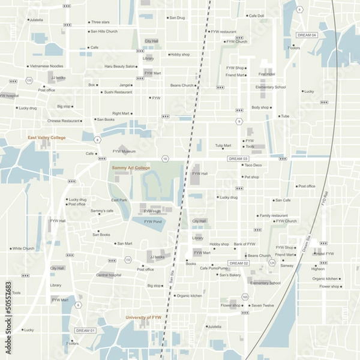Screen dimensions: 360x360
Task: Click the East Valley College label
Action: (46, 137)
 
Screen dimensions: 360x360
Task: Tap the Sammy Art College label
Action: (131, 168)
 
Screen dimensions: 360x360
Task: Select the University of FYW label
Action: (143, 317)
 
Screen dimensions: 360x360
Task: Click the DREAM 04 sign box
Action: (307, 35)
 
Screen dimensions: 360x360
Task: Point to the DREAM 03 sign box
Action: (238, 158)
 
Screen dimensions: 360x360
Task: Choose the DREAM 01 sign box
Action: (85, 331)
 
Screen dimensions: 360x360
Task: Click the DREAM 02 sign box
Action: (238, 263)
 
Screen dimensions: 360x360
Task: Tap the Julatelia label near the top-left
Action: (36, 20)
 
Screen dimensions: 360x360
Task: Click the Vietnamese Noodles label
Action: (46, 65)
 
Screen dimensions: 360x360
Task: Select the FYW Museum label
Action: (124, 151)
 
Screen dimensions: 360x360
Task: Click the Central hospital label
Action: (109, 275)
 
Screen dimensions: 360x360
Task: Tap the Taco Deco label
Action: (253, 165)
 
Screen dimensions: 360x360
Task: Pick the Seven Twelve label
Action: (262, 305)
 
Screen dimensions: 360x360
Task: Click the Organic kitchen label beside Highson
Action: (325, 278)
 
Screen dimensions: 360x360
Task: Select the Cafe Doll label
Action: (256, 16)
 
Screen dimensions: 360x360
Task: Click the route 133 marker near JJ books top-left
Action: (28, 80)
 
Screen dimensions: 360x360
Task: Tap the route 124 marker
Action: (272, 263)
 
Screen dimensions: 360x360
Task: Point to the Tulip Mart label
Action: (223, 145)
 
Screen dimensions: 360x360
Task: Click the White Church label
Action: (23, 248)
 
